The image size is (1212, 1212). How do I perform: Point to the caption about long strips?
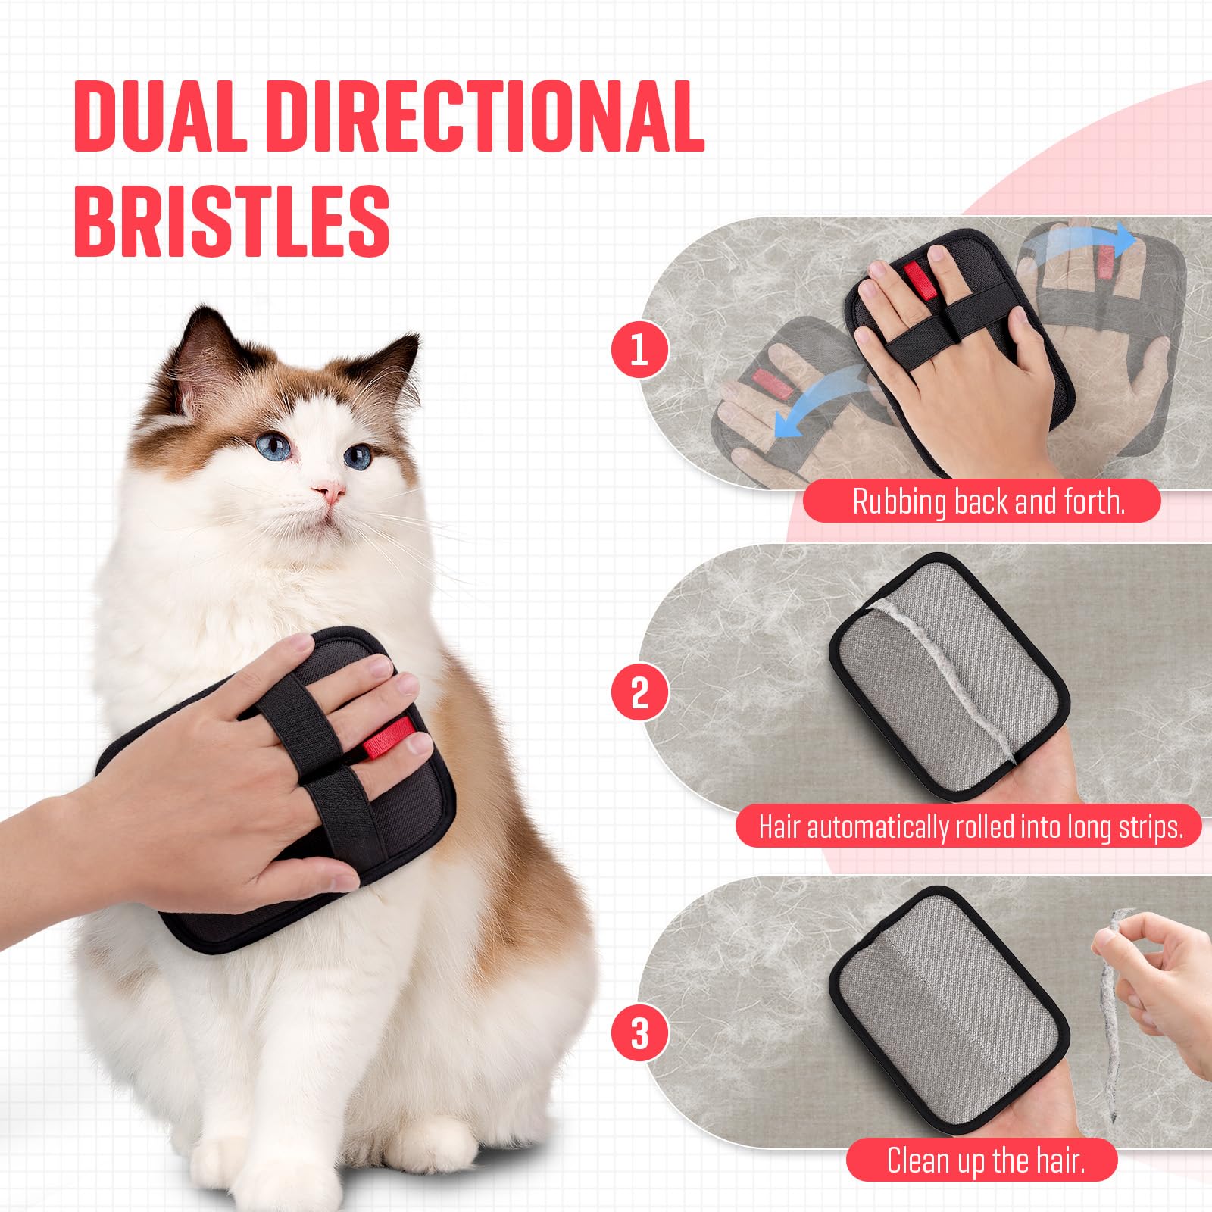coord(970,826)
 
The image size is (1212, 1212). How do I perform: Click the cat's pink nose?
coord(330,493)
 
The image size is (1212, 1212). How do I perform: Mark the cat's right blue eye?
coord(358,457)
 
